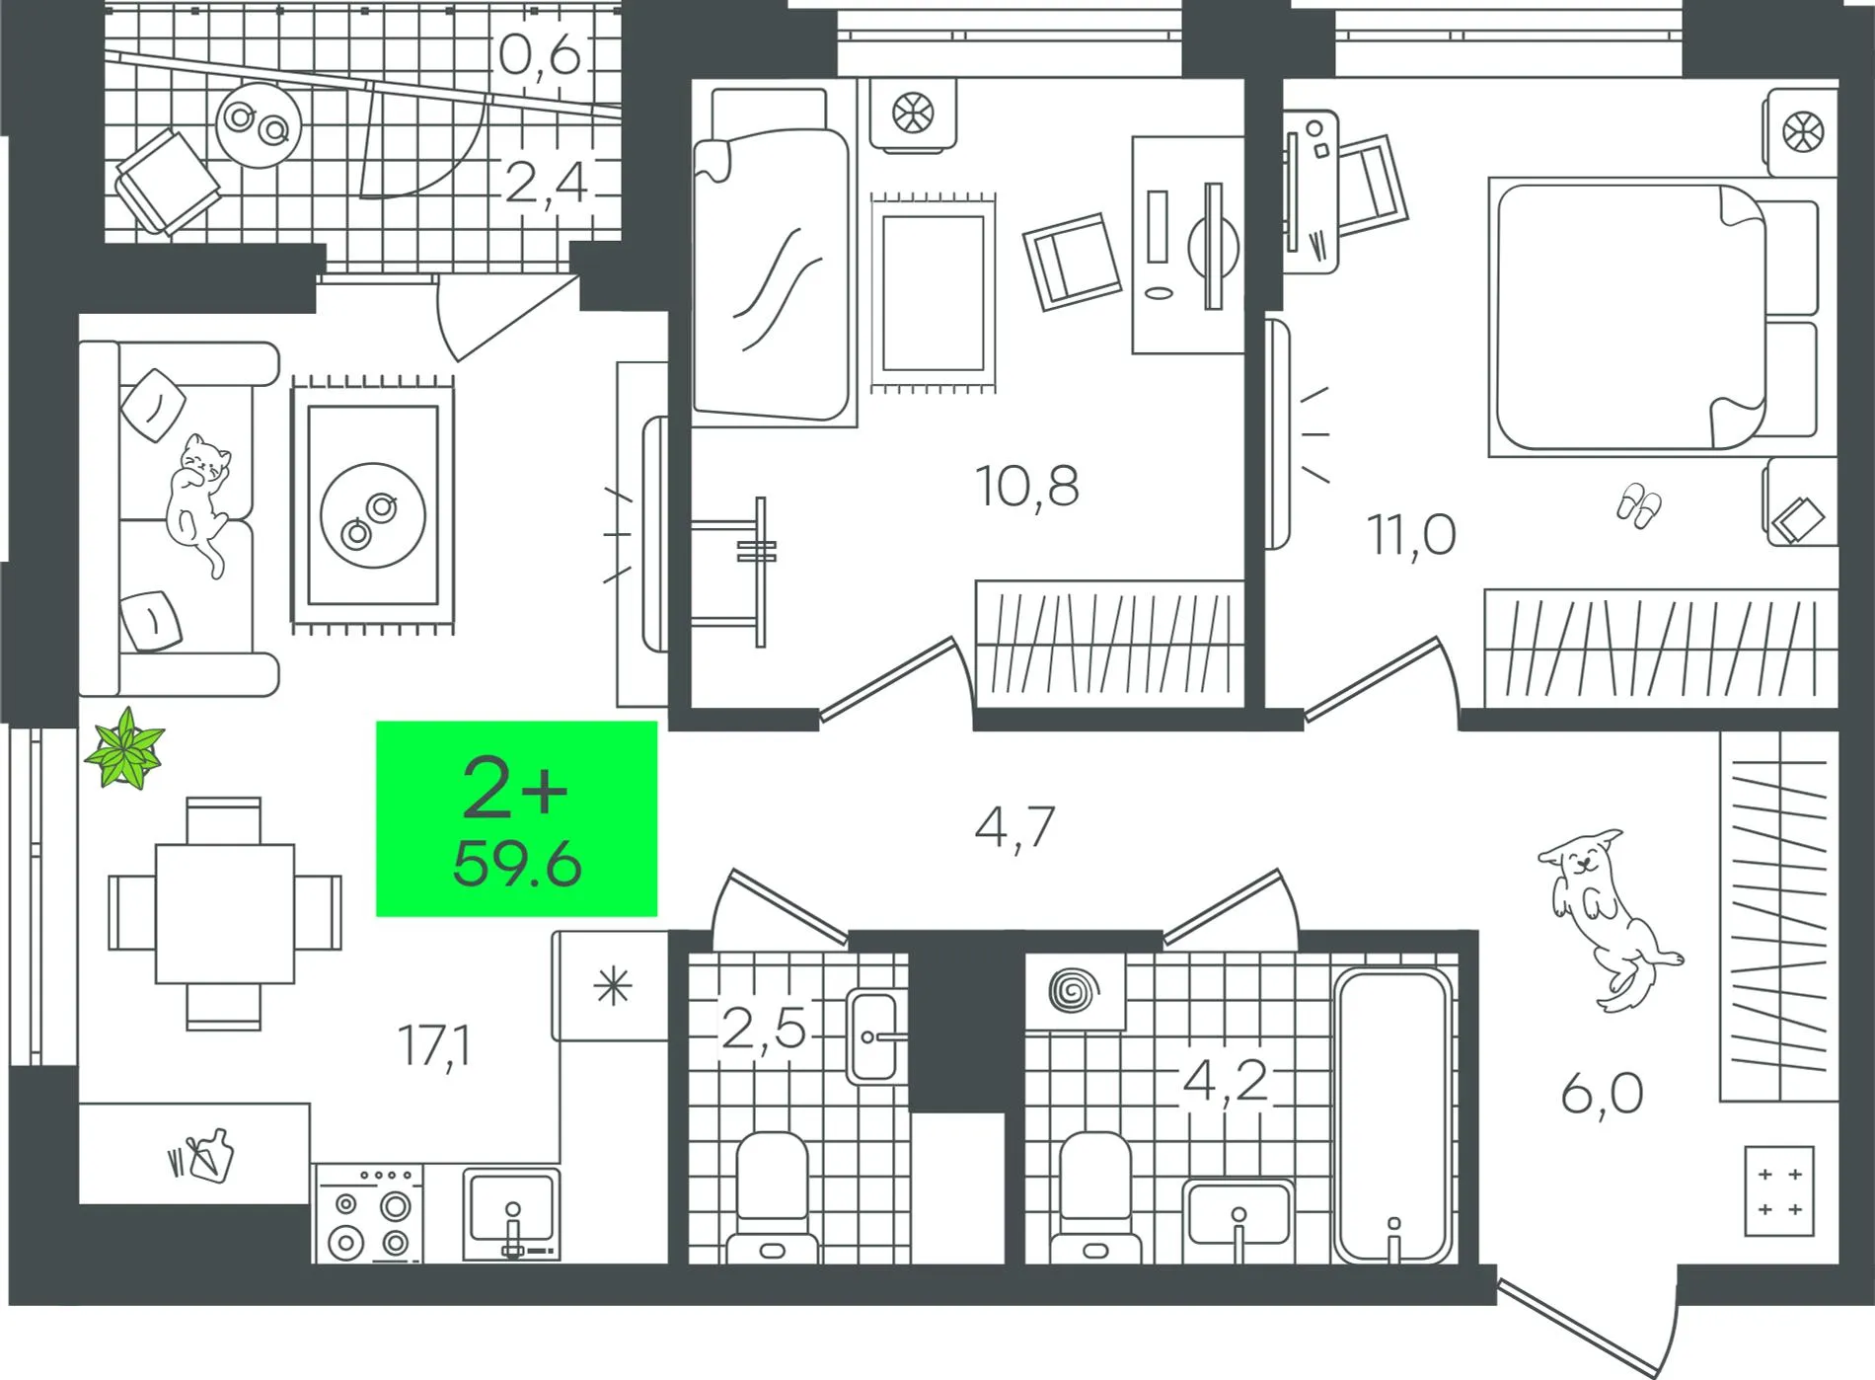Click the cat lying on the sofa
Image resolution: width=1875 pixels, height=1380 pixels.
(x=200, y=498)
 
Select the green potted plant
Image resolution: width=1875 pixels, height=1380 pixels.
(x=124, y=749)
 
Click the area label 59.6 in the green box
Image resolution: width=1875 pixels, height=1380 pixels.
(x=517, y=865)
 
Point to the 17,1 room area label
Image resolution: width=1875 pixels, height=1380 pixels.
(x=434, y=1045)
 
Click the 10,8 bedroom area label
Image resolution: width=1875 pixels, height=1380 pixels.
(x=1027, y=486)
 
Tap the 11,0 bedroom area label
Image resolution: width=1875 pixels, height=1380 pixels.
(x=1411, y=534)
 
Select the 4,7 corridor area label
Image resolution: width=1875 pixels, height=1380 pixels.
(x=1014, y=827)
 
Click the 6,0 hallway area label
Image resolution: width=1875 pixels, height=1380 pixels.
(x=1602, y=1094)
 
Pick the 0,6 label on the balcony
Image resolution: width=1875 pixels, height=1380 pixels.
(x=540, y=54)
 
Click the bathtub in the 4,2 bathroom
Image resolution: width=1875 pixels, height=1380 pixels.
(x=1392, y=1116)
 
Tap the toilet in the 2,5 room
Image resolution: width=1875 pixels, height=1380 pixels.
(x=773, y=1197)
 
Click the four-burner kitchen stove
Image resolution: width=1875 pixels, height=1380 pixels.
(x=369, y=1214)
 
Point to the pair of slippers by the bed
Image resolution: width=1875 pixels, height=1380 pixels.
(x=1638, y=505)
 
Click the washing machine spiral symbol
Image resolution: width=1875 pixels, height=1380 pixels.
(x=1074, y=990)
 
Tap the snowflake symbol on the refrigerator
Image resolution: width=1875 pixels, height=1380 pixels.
(x=613, y=986)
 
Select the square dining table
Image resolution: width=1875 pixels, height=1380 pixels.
(x=224, y=913)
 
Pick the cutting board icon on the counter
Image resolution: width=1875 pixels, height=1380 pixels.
(x=202, y=1155)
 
